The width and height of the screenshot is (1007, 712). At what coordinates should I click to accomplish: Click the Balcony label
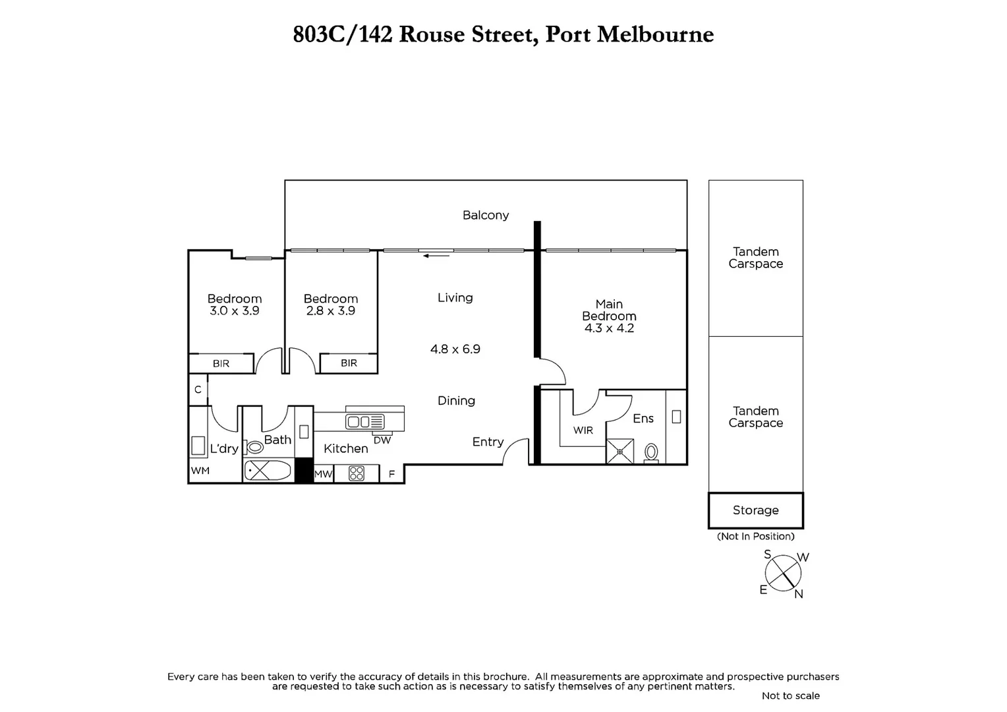click(x=486, y=215)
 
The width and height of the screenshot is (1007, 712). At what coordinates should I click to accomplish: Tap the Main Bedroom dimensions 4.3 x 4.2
click(x=609, y=328)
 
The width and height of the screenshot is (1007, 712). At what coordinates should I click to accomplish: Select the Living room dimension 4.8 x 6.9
click(x=455, y=349)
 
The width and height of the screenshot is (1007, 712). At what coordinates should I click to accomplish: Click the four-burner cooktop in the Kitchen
click(x=357, y=473)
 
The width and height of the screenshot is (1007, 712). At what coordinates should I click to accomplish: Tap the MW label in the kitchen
click(x=323, y=473)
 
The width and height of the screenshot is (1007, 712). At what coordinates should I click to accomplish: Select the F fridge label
click(x=391, y=474)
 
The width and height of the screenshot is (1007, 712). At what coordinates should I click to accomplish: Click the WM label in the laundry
click(x=200, y=471)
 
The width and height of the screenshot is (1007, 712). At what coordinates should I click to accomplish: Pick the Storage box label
click(x=755, y=510)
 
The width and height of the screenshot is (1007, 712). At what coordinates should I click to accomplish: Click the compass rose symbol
click(x=784, y=572)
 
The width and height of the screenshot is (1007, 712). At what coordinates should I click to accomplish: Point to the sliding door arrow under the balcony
click(x=436, y=255)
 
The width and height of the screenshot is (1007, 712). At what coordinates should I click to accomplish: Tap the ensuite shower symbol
click(x=619, y=452)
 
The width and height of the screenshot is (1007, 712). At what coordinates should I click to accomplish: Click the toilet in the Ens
click(x=651, y=452)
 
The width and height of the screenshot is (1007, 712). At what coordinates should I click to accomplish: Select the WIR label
click(x=583, y=430)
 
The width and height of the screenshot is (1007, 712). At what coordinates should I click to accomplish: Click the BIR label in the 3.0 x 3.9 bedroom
click(x=221, y=364)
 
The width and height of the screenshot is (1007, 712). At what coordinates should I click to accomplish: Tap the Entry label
click(x=488, y=442)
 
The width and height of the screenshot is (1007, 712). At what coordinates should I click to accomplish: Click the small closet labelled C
click(x=198, y=390)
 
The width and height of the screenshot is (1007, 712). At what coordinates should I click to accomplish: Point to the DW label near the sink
click(x=382, y=440)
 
